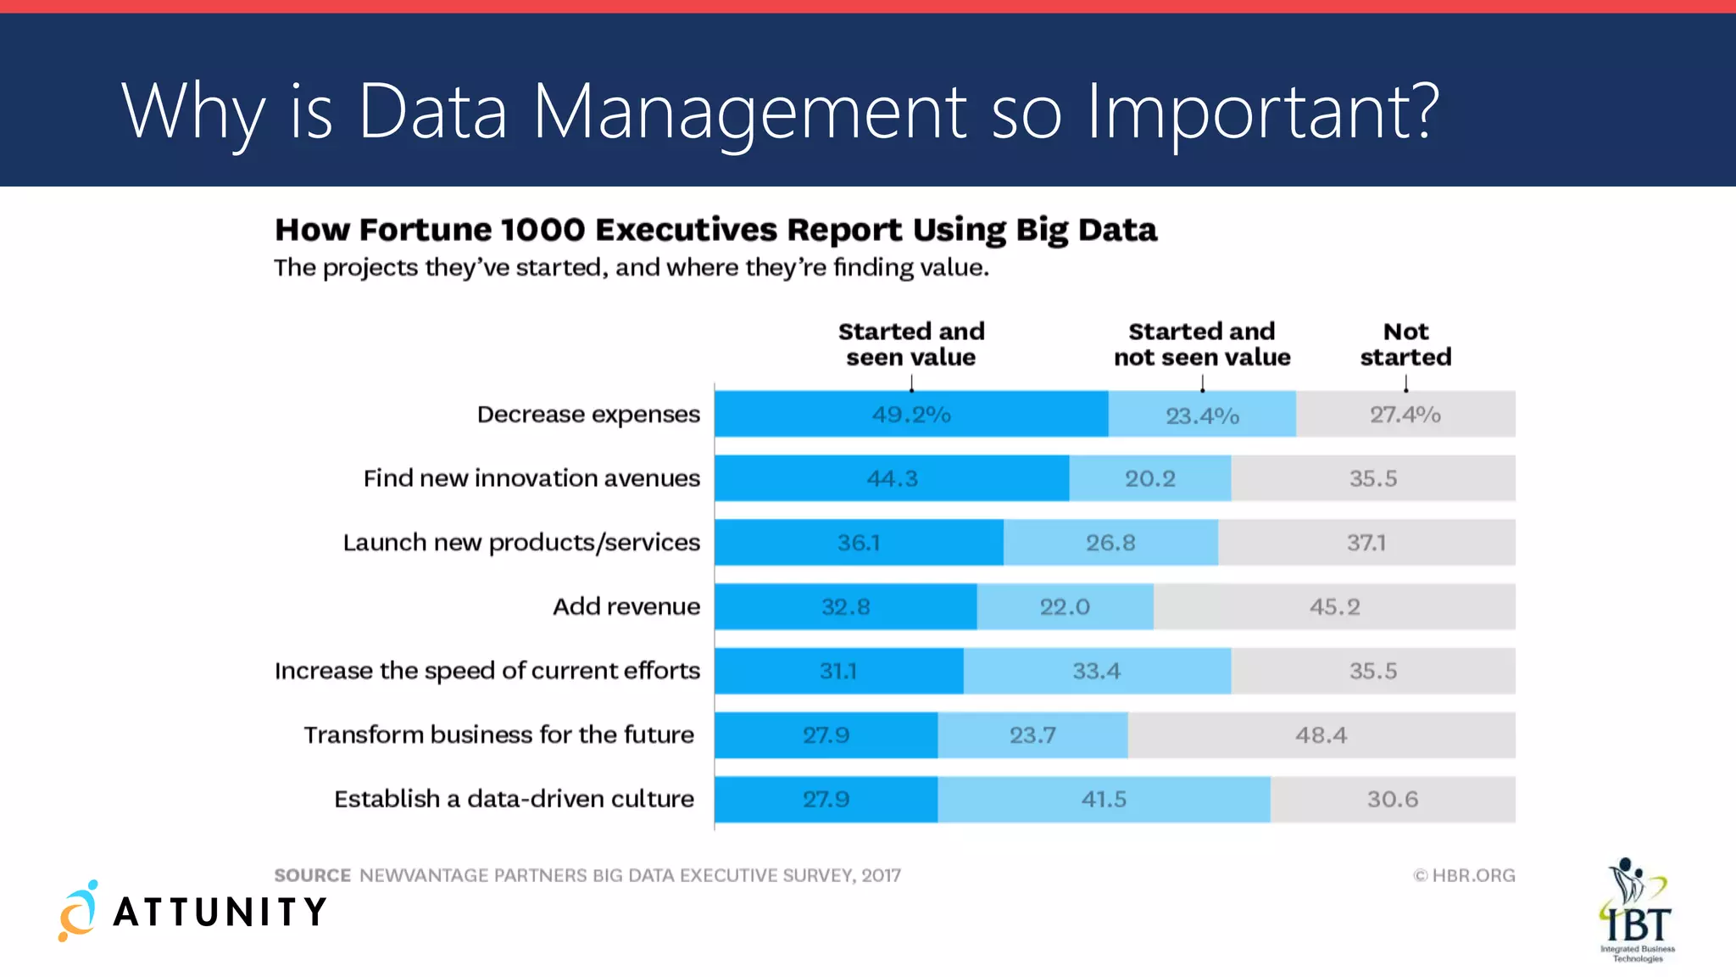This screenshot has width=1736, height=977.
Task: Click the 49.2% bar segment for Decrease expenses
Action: (911, 414)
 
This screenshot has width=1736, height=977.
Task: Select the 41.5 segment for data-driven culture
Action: (1104, 799)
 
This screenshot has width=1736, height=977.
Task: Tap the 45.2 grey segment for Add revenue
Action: (1334, 606)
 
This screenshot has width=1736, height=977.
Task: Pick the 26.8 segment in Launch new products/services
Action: (1110, 543)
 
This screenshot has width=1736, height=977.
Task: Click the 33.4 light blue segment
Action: (1097, 671)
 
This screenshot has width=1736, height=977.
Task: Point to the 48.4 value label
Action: (1321, 735)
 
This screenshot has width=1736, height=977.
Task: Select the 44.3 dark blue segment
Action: (892, 478)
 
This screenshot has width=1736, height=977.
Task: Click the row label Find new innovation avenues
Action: (531, 478)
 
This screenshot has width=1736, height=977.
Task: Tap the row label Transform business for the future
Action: (498, 734)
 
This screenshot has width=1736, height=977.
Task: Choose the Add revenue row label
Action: (626, 606)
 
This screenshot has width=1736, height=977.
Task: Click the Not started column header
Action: (1405, 343)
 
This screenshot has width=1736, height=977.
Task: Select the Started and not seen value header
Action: (1202, 343)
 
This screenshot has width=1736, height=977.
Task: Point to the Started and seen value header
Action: (911, 343)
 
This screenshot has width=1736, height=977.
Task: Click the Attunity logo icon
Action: (78, 911)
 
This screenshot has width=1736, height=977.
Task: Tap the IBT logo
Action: (1637, 909)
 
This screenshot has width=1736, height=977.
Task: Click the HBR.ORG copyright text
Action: (1464, 875)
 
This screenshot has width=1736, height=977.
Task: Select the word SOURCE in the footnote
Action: (312, 875)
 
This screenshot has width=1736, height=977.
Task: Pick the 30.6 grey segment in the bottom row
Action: (1392, 799)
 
